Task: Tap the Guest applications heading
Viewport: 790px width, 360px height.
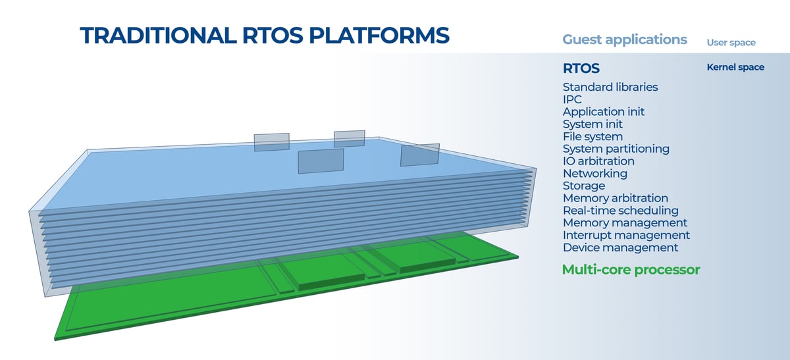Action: (624, 39)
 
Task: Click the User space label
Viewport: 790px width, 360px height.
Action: (731, 43)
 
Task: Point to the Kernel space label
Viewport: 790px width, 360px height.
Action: (735, 67)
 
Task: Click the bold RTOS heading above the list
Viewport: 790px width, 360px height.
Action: (581, 68)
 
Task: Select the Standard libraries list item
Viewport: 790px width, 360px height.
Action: (610, 87)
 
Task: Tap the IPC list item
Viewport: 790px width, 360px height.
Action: (572, 99)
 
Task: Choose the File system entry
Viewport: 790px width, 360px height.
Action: (592, 136)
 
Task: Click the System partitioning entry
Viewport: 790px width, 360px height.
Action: (616, 149)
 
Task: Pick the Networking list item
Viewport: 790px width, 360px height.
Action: (594, 173)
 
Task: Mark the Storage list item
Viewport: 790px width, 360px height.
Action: (583, 186)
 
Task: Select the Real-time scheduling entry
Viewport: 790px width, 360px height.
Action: (620, 211)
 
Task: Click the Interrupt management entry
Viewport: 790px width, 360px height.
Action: (626, 235)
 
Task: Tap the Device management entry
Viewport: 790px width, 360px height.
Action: (620, 247)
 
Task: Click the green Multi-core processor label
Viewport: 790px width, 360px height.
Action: (631, 270)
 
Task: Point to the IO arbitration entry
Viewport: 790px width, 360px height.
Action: (598, 161)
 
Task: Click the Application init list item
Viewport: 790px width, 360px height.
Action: (603, 112)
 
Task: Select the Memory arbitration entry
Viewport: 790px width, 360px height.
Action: (615, 198)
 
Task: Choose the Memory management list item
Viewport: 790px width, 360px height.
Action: (625, 222)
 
